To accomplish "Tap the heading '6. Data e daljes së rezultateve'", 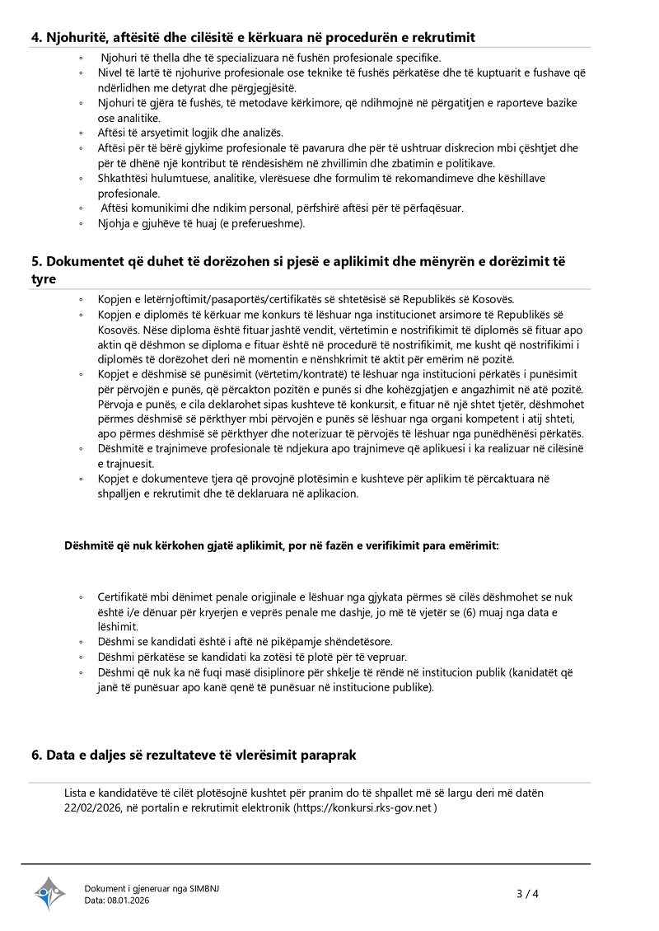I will (194, 755).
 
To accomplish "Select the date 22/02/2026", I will (94, 808).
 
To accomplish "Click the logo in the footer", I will (49, 894).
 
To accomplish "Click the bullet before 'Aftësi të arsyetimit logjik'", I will (81, 133).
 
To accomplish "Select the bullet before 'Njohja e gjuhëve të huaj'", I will (81, 222).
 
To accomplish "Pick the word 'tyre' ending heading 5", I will (44, 278).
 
